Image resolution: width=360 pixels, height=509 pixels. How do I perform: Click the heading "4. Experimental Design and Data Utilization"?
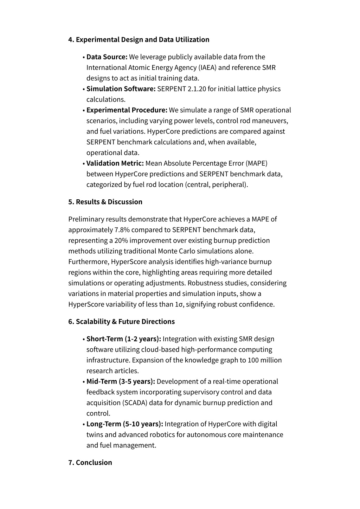coord(139,39)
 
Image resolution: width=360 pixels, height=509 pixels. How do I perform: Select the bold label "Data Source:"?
coord(107,57)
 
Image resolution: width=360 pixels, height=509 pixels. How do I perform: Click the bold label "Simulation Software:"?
coord(121,89)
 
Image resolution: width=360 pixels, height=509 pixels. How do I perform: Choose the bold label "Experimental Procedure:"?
coord(127,110)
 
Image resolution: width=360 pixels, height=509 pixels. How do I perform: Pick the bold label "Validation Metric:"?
coord(115,163)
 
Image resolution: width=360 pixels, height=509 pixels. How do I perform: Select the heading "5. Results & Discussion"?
coord(105,202)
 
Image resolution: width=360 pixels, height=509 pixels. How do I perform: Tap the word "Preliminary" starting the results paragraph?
coord(85,219)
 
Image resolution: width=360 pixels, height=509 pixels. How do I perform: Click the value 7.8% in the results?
coord(122,230)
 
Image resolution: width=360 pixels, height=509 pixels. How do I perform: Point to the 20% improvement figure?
coord(121,240)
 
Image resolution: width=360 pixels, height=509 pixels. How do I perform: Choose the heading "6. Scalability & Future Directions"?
coord(121,322)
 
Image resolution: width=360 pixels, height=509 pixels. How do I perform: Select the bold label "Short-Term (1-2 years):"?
coord(124,339)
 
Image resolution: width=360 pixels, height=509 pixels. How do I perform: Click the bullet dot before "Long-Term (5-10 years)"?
coord(84,424)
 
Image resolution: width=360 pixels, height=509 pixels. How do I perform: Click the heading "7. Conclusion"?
coord(90,463)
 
